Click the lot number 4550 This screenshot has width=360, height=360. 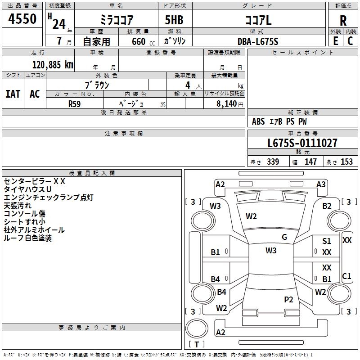(x=22, y=18)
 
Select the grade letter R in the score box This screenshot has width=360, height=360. (x=343, y=20)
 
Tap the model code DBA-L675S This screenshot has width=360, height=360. (x=258, y=41)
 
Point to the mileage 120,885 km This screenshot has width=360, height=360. (x=52, y=65)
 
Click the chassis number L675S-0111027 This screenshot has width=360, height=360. (x=302, y=144)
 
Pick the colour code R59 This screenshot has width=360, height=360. (x=74, y=103)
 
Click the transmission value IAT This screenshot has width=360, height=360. (x=13, y=94)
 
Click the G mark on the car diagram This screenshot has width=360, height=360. (x=284, y=237)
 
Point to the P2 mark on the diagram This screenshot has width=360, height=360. (x=288, y=299)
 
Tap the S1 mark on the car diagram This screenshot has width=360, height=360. (x=327, y=242)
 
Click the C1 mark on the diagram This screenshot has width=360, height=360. (x=346, y=276)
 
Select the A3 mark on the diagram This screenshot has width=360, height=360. (x=321, y=184)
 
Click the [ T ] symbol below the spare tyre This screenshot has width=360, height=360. (x=197, y=344)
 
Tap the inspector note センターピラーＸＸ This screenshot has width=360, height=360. (x=35, y=181)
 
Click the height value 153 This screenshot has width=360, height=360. (x=346, y=162)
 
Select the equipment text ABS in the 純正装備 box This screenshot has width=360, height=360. (x=258, y=121)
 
